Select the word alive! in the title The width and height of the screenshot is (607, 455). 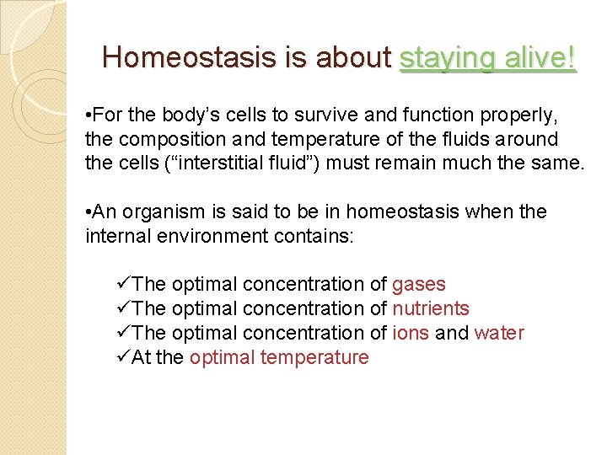point(539,57)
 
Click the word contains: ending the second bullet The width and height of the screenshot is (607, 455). point(315,236)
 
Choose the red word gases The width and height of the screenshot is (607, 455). point(419,285)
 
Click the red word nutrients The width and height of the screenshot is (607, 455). point(431,309)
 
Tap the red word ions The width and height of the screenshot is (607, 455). point(411,334)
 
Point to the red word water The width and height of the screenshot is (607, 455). point(499,334)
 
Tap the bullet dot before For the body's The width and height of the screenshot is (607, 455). point(89,115)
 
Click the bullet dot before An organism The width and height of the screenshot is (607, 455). point(89,212)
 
